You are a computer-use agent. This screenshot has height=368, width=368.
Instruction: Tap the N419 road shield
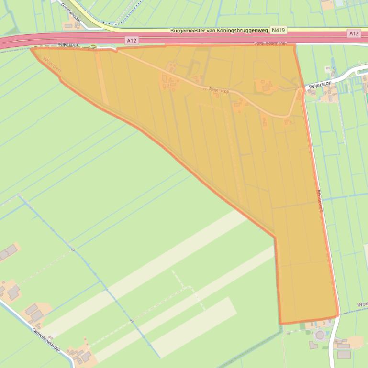278,30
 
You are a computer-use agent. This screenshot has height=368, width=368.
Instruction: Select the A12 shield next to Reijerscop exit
132,41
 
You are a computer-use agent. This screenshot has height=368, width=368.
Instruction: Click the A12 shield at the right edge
354,33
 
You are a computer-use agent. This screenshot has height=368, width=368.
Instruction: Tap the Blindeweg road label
320,201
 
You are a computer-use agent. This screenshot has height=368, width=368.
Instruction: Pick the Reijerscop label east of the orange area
320,85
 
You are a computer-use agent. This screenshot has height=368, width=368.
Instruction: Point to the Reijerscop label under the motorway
67,44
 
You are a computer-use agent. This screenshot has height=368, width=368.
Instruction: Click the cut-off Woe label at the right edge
362,304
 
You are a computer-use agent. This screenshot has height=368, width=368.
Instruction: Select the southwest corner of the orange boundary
280,324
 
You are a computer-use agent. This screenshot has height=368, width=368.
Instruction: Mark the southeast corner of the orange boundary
338,315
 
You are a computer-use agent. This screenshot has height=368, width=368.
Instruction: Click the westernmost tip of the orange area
32,49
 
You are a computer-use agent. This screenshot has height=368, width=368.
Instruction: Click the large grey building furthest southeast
344,354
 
